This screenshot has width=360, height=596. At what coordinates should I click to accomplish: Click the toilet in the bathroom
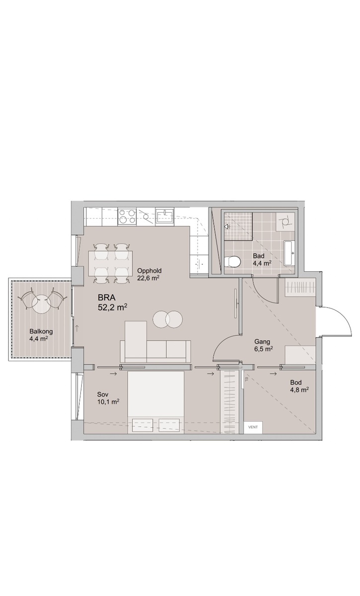[232, 261]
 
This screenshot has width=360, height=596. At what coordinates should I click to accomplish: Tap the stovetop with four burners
[127, 217]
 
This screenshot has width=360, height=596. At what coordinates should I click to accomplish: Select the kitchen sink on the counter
[164, 217]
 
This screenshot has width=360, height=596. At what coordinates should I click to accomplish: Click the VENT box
[253, 427]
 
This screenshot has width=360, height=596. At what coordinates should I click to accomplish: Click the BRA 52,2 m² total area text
[112, 302]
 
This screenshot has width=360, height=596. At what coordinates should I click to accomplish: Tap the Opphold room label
[149, 271]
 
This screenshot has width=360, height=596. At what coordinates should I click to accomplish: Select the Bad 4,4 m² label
[262, 260]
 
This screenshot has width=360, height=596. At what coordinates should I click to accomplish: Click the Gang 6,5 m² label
[263, 345]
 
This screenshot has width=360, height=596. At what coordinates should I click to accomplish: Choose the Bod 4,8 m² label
[299, 386]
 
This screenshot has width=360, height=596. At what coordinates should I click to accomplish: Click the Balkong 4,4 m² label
[41, 335]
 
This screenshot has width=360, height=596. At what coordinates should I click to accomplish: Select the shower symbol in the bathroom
[227, 226]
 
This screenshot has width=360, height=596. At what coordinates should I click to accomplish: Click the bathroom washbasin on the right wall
[289, 253]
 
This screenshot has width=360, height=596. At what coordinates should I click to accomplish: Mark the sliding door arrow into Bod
[273, 374]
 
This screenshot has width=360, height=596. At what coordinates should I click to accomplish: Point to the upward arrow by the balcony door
[76, 328]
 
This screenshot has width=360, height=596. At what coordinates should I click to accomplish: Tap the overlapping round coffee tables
[168, 319]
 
